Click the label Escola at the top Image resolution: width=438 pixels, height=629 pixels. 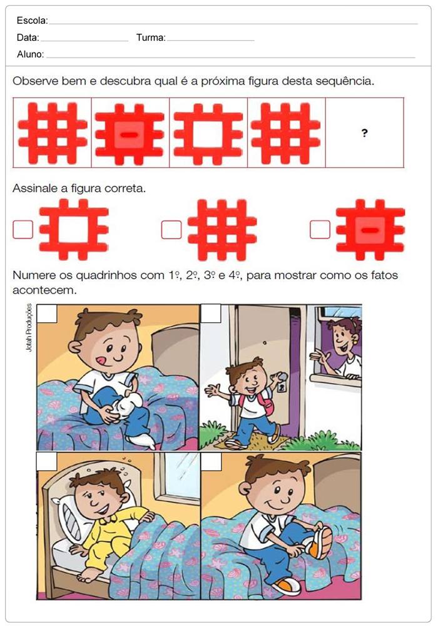(32, 21)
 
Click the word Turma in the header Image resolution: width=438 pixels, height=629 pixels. (151, 38)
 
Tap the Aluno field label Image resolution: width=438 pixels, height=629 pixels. (30, 54)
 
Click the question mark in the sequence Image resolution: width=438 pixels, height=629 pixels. (364, 133)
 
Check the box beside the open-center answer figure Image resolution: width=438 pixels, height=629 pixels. (23, 230)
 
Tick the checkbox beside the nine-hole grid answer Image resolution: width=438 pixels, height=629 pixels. (171, 230)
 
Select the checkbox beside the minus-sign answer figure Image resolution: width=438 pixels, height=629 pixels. (320, 230)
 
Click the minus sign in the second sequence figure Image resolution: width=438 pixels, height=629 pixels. (130, 135)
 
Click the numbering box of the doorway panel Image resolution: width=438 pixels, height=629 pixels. (211, 313)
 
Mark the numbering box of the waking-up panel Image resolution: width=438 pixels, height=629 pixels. (46, 461)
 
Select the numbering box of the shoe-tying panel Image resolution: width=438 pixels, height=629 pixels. (211, 461)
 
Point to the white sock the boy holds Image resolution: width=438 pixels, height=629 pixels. (128, 405)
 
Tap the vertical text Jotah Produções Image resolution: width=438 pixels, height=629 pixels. (29, 328)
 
